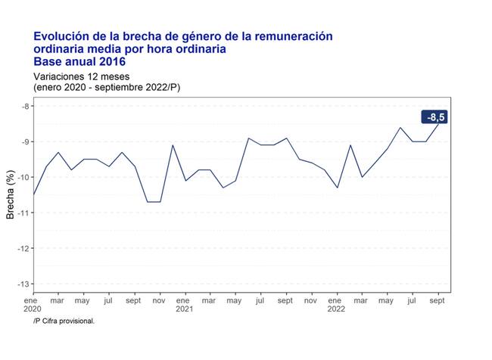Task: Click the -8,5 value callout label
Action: coord(435,117)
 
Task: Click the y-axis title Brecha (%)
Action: coord(10,194)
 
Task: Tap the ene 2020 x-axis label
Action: coord(33,304)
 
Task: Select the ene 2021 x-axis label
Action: coord(184,304)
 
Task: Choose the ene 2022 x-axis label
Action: coord(335,304)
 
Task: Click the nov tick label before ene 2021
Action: coord(159,300)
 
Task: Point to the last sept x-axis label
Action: coord(436,300)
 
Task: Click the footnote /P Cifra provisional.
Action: coord(64,321)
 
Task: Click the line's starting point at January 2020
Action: coord(33,194)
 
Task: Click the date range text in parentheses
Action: coord(106,87)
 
